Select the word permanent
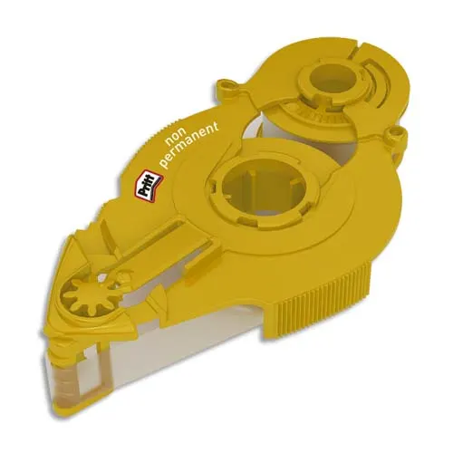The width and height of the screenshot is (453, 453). [190, 144]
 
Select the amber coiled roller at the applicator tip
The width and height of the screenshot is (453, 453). [64, 370]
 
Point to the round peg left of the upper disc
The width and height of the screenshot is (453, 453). [224, 84]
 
